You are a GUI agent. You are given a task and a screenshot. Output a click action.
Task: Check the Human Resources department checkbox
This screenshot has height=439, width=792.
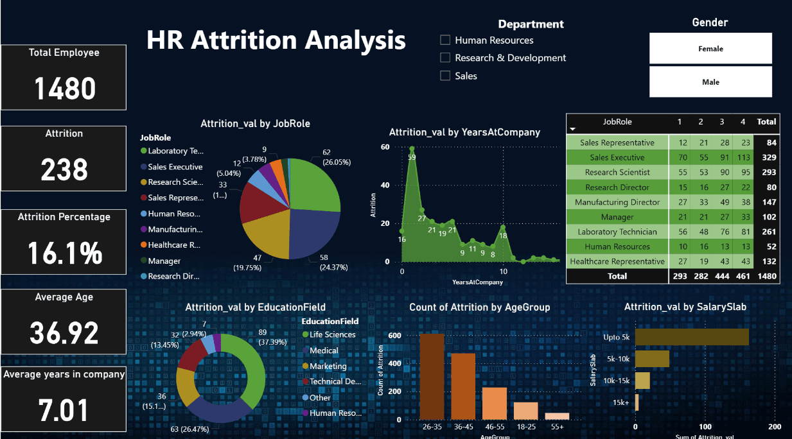[445, 40]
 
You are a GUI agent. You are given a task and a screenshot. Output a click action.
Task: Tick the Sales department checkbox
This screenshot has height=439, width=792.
[445, 76]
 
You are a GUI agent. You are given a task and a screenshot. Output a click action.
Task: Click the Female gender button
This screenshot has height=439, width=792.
[710, 49]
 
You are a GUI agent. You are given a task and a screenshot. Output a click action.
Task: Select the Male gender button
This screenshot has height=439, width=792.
[710, 82]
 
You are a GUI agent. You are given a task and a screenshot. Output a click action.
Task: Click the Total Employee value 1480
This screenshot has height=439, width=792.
[64, 89]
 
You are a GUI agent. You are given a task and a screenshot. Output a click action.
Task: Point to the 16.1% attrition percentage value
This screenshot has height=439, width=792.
[64, 253]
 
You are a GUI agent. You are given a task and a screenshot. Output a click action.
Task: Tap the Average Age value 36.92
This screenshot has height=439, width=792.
[64, 333]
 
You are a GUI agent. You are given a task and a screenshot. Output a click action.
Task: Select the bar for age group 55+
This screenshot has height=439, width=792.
[557, 416]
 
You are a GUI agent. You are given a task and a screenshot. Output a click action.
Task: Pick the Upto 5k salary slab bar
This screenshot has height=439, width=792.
[692, 337]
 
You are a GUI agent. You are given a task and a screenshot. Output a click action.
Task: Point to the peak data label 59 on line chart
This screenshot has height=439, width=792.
[412, 157]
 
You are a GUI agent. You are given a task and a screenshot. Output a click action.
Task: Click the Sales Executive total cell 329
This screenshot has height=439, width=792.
[766, 158]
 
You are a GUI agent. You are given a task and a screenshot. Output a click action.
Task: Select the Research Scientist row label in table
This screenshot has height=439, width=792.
[617, 173]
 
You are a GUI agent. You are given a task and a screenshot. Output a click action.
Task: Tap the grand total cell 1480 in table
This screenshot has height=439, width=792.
[766, 276]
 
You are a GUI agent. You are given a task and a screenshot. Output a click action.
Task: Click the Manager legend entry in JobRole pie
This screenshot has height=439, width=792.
[164, 261]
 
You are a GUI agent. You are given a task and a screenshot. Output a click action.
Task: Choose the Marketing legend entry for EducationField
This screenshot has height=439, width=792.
[328, 366]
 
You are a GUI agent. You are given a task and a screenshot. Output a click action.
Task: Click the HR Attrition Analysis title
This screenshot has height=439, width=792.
[276, 40]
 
